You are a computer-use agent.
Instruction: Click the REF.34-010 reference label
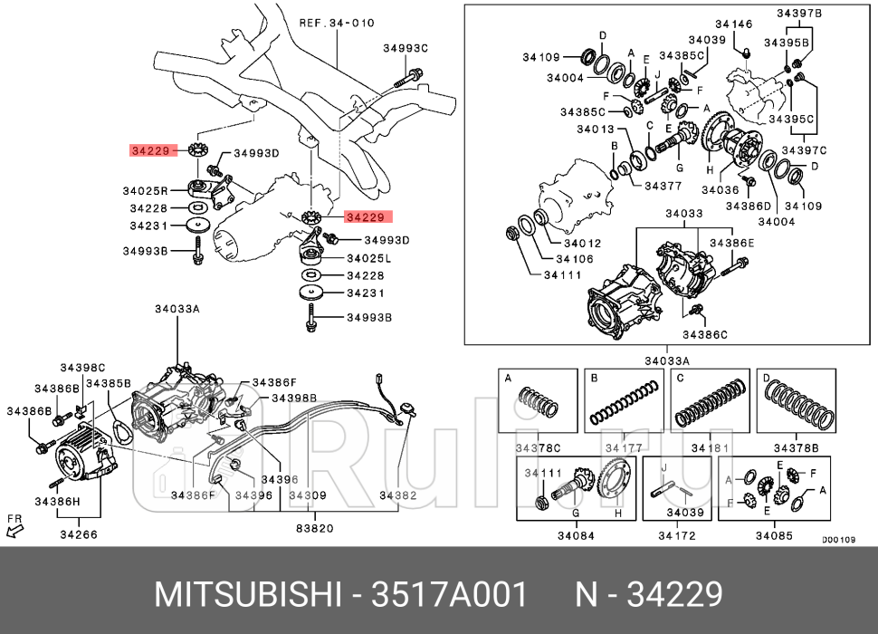[x=336, y=23]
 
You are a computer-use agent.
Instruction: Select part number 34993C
[x=405, y=47]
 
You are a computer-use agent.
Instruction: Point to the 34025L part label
[x=368, y=258]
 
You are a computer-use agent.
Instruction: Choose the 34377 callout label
[x=663, y=186]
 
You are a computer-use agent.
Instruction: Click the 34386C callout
[x=705, y=334]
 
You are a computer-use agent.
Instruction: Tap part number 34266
[x=78, y=535]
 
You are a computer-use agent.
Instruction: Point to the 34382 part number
[x=397, y=495]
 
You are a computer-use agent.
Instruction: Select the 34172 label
[x=677, y=535]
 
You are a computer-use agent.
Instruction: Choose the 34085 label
[x=774, y=535]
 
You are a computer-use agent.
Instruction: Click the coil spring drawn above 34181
[x=712, y=402]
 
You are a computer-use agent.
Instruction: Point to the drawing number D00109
[x=838, y=540]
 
